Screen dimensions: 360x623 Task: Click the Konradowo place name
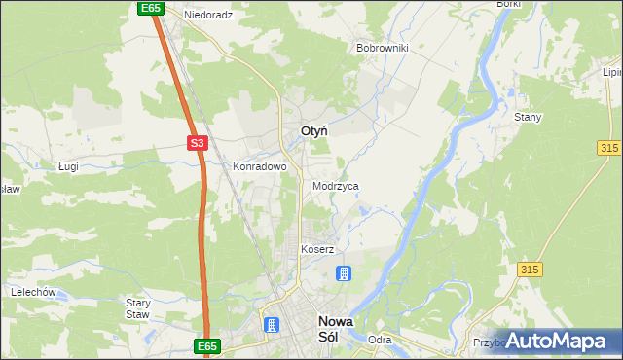tap(259, 166)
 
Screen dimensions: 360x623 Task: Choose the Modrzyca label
tap(336, 185)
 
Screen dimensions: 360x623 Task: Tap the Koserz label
tap(317, 249)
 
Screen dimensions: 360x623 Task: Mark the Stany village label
tap(528, 117)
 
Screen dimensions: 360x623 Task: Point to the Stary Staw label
tap(137, 308)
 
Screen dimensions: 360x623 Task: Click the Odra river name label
tap(380, 340)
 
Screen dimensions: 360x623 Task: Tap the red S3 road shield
tap(198, 143)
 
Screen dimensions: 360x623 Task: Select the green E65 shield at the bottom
tap(207, 345)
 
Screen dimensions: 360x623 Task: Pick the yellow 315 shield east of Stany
tap(610, 146)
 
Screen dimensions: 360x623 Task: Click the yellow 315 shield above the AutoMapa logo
tap(531, 270)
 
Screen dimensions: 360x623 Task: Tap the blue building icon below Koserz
tap(344, 273)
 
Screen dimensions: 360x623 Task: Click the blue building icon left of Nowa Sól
tap(270, 324)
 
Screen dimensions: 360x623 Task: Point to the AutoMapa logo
tap(558, 342)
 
